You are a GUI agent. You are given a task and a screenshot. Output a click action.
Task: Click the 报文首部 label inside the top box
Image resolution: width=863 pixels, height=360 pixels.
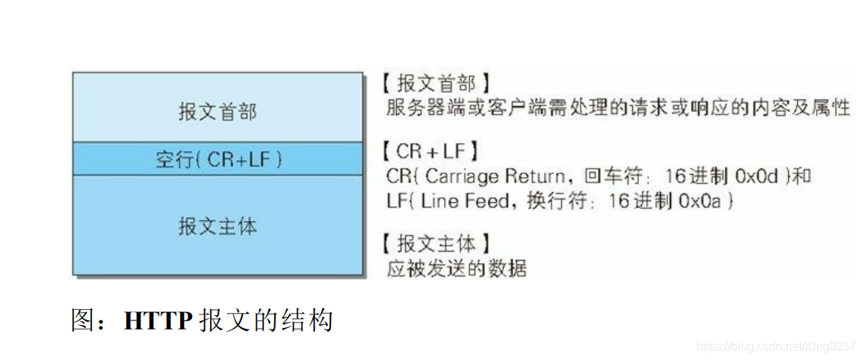217,112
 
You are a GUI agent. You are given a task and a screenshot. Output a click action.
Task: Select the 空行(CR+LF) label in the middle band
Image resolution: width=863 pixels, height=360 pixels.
218,159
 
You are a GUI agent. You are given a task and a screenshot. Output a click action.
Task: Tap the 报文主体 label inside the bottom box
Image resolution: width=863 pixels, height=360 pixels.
217,226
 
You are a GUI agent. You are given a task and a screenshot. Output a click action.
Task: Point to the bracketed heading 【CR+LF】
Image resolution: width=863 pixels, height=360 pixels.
427,152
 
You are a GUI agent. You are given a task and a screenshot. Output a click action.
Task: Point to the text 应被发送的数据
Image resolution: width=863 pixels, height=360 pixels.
457,268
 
